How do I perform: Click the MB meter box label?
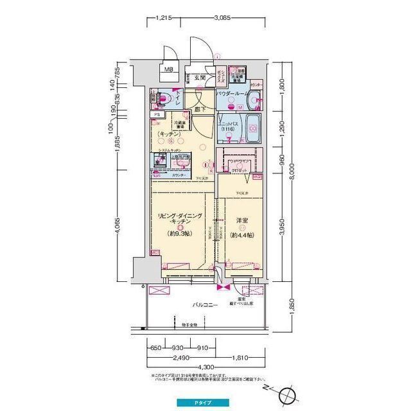[x=167, y=69]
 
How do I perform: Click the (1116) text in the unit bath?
[x=227, y=130]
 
